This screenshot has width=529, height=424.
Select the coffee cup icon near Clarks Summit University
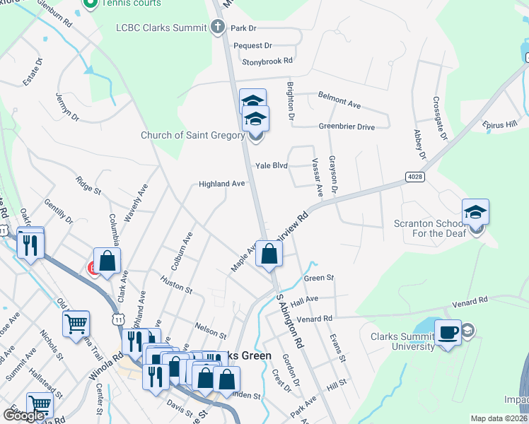[x=448, y=332]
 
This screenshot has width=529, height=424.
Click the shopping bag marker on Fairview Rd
[x=269, y=254]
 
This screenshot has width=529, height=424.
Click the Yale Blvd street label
[x=272, y=165]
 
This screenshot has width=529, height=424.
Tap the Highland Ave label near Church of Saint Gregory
[x=221, y=184]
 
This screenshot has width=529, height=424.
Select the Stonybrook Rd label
[x=267, y=61]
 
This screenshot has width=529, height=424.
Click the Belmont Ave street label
[x=339, y=100]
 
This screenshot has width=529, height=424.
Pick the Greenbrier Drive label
[x=347, y=127]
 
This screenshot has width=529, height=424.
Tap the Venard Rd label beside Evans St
[x=315, y=319]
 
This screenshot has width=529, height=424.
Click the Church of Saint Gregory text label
[x=192, y=135]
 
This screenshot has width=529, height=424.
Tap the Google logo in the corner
[x=24, y=416]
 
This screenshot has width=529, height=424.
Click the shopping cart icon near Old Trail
[x=76, y=324]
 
